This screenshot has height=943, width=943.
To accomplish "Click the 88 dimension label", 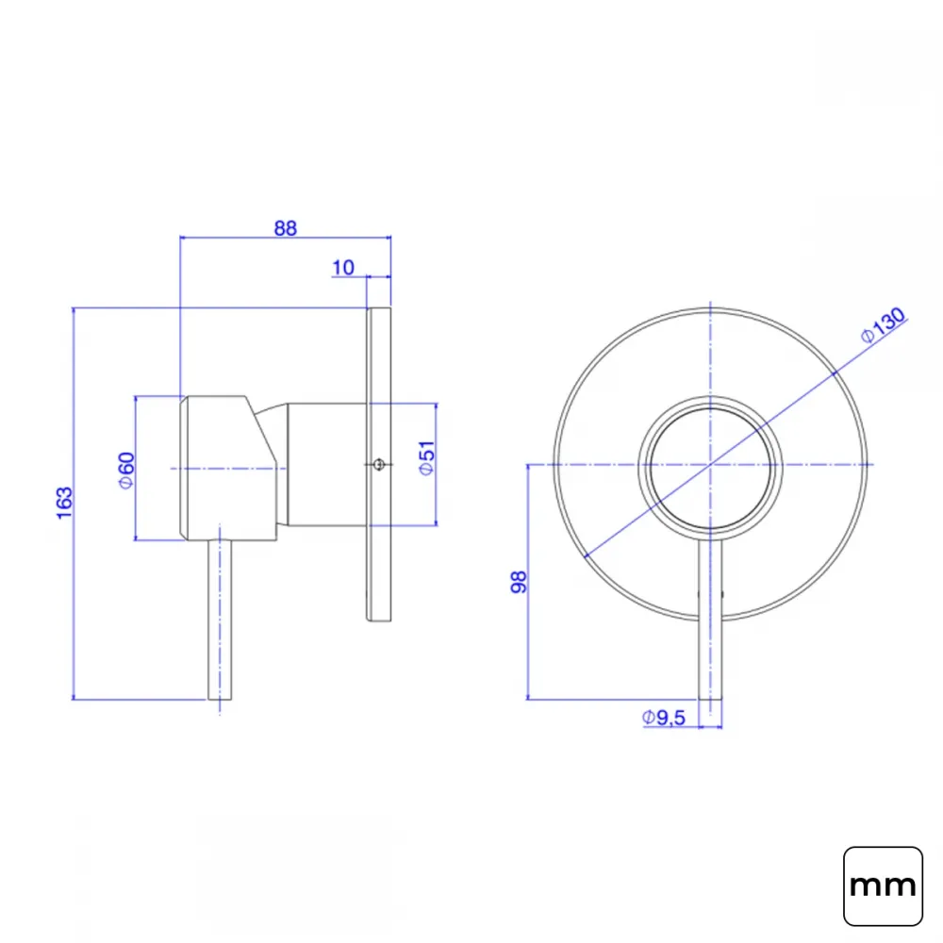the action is [286, 228].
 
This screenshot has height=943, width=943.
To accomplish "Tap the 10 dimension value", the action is [343, 268].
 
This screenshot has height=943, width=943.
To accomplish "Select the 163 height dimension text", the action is [64, 503].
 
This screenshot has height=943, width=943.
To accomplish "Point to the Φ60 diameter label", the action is [126, 471].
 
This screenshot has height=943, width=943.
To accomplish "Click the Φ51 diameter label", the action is [426, 458].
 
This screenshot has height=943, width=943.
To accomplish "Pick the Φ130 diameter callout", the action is [883, 324].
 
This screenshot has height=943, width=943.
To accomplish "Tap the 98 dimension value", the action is [519, 582].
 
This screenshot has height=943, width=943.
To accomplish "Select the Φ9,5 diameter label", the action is [664, 718].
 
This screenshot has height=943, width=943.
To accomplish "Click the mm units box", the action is [883, 885].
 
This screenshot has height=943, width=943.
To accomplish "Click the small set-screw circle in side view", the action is [378, 464].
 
